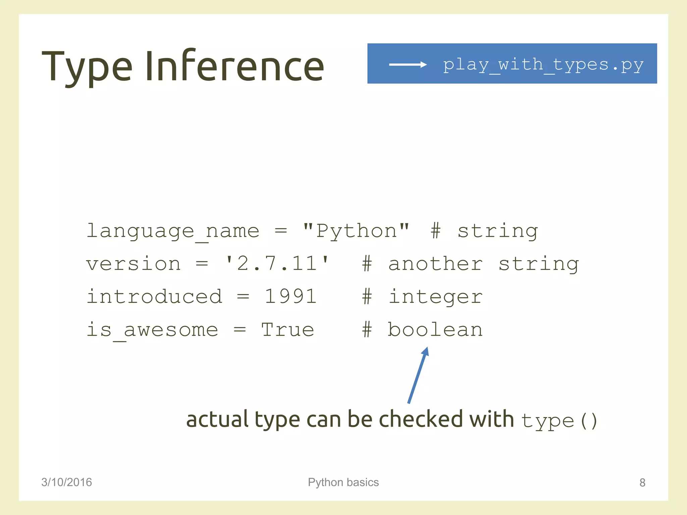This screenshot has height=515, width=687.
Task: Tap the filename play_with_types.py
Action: tap(543, 64)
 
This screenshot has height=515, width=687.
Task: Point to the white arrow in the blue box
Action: tap(408, 64)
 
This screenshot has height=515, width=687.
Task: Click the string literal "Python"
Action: tap(356, 231)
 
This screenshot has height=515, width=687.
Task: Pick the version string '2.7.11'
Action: tap(277, 264)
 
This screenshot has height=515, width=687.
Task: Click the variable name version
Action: tap(134, 264)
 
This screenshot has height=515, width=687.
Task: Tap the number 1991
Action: tap(290, 296)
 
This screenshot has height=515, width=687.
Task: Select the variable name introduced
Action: tap(154, 296)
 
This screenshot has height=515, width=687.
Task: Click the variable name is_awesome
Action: tap(153, 330)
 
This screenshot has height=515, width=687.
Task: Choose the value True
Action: tap(288, 330)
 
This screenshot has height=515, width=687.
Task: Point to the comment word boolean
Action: tap(435, 330)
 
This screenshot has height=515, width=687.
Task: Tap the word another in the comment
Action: tap(435, 264)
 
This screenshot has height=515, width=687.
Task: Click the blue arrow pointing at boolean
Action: tap(418, 376)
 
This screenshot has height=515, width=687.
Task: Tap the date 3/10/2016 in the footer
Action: tap(66, 482)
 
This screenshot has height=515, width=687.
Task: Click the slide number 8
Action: tap(642, 482)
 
